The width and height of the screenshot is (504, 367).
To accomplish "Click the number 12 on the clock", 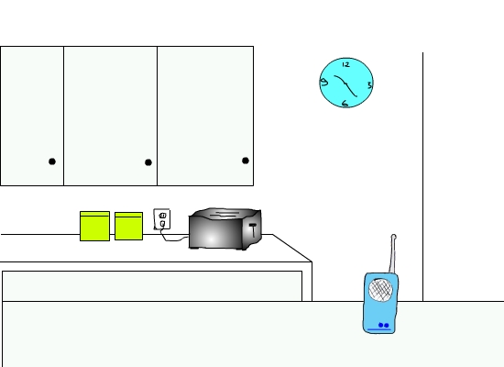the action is tap(345, 65).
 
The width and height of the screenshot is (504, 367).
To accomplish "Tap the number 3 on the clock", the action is tap(369, 85).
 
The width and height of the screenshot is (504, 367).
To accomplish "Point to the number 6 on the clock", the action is tap(345, 104).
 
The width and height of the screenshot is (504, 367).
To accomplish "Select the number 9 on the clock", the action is tap(324, 82).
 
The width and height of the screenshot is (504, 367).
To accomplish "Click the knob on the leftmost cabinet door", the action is tap(52, 161).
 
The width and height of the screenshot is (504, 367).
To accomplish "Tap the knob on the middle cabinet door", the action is tap(148, 162).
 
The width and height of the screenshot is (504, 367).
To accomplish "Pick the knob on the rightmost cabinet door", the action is tap(246, 161).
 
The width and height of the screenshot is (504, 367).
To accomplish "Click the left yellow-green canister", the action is tap(94, 226).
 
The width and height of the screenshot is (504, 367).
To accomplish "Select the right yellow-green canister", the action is tap(128, 226).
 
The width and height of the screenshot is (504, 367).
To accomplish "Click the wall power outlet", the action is tap(162, 219).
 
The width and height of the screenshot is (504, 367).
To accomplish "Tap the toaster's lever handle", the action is tap(254, 229).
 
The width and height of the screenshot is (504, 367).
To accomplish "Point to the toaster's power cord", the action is tap(173, 238).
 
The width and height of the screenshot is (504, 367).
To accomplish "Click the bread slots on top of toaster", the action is tap(225, 214).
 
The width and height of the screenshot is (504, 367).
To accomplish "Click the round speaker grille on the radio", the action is tap(380, 289).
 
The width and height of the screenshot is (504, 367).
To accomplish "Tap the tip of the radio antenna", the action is tap(394, 237).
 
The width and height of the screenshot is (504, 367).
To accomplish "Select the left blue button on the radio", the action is tap(381, 325).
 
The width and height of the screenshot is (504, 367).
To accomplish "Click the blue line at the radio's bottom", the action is tap(379, 329).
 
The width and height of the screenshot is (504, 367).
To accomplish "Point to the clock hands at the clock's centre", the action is tap(345, 84).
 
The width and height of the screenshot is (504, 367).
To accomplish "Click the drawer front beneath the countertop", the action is tap(152, 286).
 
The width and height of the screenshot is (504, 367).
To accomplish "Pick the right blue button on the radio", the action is tap(387, 326).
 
